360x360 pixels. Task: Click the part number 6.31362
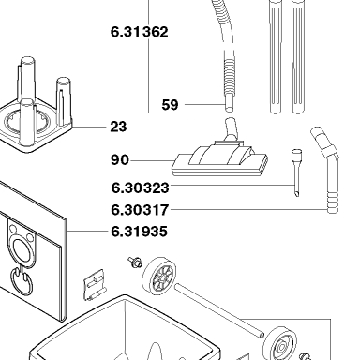[x=140, y=32]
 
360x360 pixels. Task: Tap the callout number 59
[x=171, y=105]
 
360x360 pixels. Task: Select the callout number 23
[x=118, y=127]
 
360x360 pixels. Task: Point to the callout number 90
[x=120, y=159]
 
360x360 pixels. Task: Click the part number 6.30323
[x=141, y=187]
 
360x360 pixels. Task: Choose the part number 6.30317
[x=140, y=210]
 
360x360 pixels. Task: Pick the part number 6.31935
[x=139, y=232]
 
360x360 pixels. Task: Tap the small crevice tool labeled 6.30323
[x=296, y=172]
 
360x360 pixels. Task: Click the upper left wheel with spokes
[x=159, y=276]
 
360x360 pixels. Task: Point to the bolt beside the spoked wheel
[x=135, y=262]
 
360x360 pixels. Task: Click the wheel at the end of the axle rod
[x=280, y=344]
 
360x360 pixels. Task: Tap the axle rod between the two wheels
[x=219, y=310]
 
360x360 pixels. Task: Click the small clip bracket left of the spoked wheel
[x=95, y=285]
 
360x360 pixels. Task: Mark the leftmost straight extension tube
[x=276, y=56]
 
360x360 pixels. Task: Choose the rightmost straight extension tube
[x=299, y=56]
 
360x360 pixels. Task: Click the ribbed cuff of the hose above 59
[x=229, y=74]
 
